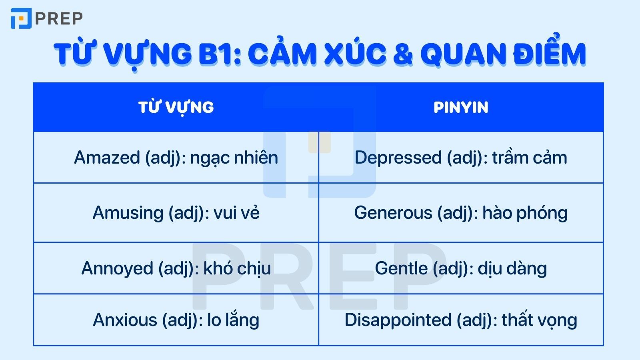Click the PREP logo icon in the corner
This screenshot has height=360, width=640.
tap(21, 18)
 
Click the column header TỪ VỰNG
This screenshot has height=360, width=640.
tap(176, 107)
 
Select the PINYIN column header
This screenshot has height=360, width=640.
tap(461, 107)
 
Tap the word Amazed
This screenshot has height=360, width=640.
tap(107, 158)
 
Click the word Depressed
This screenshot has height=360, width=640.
tap(398, 158)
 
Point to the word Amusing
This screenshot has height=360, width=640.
tap(128, 213)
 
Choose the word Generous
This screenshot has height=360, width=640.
tap(393, 213)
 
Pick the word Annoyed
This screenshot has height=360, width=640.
tap(117, 268)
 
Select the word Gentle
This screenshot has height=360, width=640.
tap(401, 268)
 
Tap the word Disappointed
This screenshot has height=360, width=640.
tap(398, 320)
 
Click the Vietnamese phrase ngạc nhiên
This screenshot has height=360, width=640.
tap(234, 158)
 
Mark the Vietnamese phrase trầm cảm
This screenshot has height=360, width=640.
tap(530, 158)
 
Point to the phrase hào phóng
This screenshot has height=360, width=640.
tap(525, 213)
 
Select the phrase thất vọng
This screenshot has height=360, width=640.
tap(539, 320)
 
